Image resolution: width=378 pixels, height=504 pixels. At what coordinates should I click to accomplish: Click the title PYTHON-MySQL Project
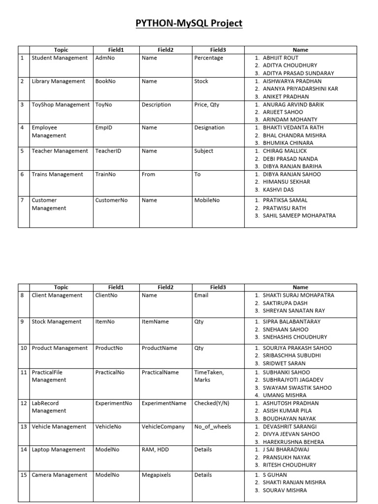click(189, 24)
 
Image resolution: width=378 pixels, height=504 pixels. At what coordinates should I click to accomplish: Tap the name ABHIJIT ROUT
click(280, 58)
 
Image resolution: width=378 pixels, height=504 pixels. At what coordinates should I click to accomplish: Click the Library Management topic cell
click(58, 82)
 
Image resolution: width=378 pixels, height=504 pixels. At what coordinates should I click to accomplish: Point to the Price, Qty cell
click(207, 105)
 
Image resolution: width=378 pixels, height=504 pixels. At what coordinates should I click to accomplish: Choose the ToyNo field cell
click(104, 105)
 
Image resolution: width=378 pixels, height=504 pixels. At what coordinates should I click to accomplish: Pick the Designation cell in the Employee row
click(209, 128)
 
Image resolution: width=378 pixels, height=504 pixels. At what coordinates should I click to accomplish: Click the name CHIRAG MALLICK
click(284, 151)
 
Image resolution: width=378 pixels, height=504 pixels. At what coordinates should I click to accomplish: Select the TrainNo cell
click(106, 174)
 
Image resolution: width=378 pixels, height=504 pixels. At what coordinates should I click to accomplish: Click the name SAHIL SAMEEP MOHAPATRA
click(299, 216)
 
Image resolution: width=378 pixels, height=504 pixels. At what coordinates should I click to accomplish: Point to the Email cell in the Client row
click(201, 295)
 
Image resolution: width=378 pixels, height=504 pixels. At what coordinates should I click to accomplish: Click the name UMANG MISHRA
click(284, 395)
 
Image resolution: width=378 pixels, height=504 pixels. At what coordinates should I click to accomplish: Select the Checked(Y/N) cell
click(212, 403)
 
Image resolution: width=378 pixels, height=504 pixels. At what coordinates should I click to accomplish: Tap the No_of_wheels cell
click(213, 427)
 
